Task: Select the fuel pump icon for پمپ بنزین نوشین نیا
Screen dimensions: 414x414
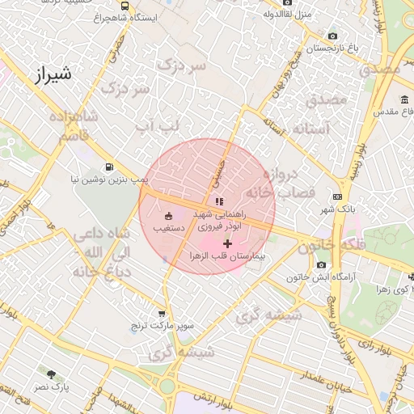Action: coord(121,167)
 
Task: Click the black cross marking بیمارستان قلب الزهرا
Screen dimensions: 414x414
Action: coord(227,243)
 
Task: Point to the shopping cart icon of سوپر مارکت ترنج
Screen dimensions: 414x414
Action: coord(162,313)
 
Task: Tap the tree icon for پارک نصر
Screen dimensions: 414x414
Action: coord(52,374)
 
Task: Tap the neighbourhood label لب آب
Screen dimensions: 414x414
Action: coord(155,125)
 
